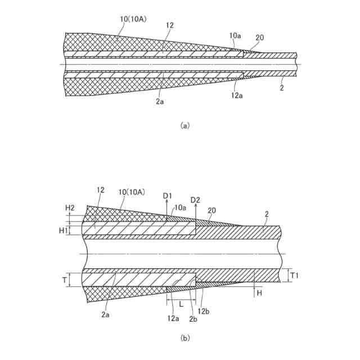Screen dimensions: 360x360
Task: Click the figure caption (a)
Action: (185, 126)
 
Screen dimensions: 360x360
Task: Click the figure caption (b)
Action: (185, 339)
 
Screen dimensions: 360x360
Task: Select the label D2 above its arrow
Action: (195, 200)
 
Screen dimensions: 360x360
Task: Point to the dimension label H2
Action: (70, 208)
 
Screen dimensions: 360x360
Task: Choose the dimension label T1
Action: (295, 276)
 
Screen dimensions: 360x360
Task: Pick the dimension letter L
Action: (181, 303)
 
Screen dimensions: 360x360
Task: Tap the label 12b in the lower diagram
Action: (205, 311)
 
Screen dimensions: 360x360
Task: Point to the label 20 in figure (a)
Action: (260, 38)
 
